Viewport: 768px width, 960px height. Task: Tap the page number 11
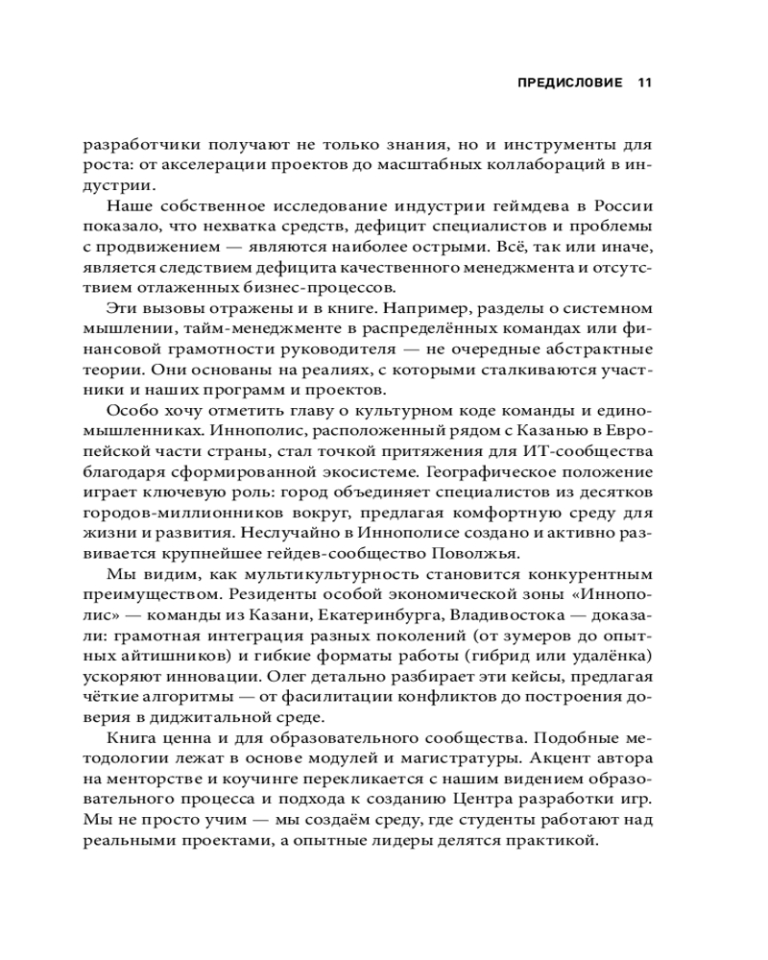[644, 83]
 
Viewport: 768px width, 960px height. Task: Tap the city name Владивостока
[557, 620]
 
